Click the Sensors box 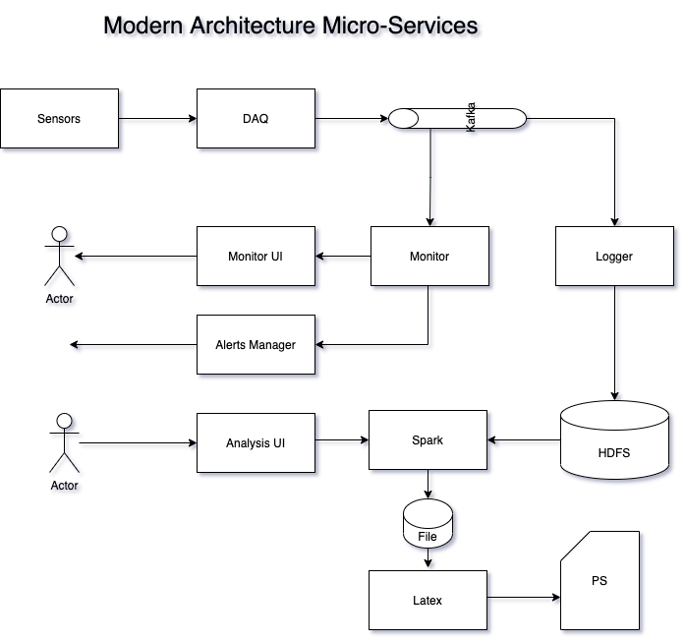(x=59, y=119)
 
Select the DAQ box (x=256, y=119)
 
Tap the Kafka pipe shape (x=458, y=119)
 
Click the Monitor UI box (x=256, y=257)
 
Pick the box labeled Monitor (x=429, y=257)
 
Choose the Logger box (x=614, y=257)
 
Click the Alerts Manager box (x=256, y=345)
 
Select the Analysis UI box (x=256, y=443)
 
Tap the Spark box (x=428, y=440)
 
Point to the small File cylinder (x=428, y=525)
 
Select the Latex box (x=428, y=600)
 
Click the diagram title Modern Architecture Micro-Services (x=293, y=28)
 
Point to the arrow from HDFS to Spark (x=525, y=441)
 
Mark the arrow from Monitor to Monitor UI (x=344, y=260)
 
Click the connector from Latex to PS (x=523, y=599)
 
